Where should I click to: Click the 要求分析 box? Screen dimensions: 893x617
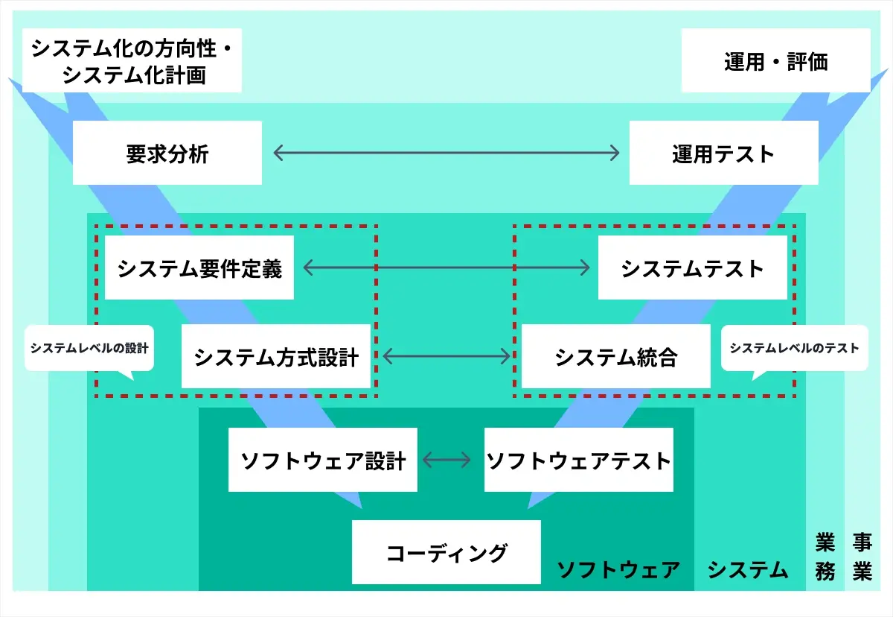pyautogui.click(x=167, y=153)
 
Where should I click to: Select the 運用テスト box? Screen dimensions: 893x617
pyautogui.click(x=724, y=153)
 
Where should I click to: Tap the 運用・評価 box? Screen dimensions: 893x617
pyautogui.click(x=775, y=60)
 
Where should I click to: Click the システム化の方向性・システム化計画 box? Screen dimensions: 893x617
pyautogui.click(x=132, y=60)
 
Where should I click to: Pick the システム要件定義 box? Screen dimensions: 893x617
pyautogui.click(x=199, y=268)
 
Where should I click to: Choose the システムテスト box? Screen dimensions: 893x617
pyautogui.click(x=693, y=268)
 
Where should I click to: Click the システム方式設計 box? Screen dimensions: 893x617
pyautogui.click(x=276, y=356)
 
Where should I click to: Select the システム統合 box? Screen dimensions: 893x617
pyautogui.click(x=616, y=356)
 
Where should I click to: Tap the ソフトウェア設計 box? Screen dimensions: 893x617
pyautogui.click(x=323, y=460)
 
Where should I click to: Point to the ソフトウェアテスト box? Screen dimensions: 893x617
pyautogui.click(x=579, y=460)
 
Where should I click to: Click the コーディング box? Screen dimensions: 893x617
pyautogui.click(x=446, y=552)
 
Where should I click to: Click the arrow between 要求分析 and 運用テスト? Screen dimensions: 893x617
pyautogui.click(x=446, y=153)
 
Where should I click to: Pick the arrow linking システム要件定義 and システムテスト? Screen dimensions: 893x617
pyautogui.click(x=446, y=268)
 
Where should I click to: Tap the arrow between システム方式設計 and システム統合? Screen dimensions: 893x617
pyautogui.click(x=446, y=356)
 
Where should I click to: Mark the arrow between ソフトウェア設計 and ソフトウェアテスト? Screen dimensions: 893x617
pyautogui.click(x=446, y=460)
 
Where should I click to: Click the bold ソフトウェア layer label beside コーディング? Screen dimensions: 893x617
pyautogui.click(x=618, y=569)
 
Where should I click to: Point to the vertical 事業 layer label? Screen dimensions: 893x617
pyautogui.click(x=862, y=557)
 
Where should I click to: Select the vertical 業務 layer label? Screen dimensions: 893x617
pyautogui.click(x=825, y=557)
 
